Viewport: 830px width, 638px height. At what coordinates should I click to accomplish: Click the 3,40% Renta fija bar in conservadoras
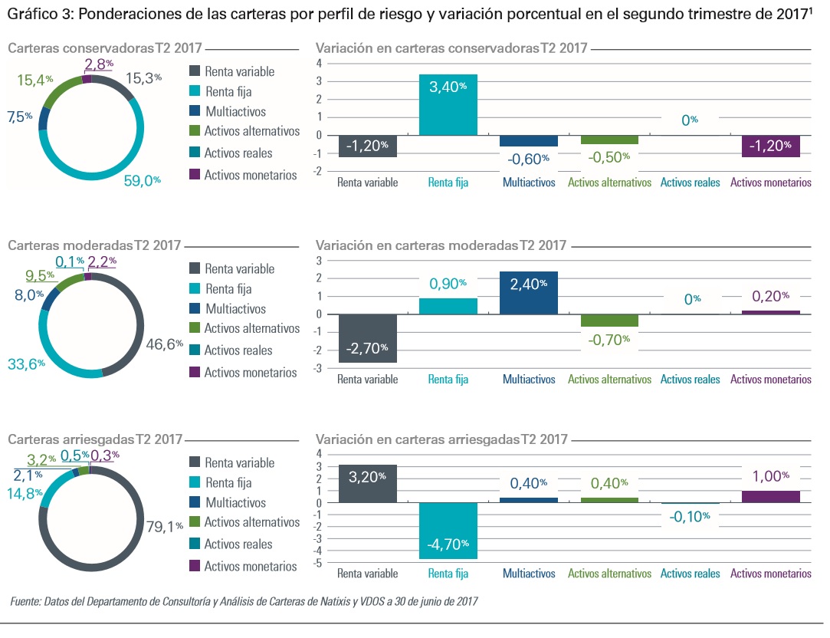pyautogui.click(x=448, y=104)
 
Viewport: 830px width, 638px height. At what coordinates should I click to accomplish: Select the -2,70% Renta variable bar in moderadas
pyautogui.click(x=368, y=338)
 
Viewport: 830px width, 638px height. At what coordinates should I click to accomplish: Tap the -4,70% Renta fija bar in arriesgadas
pyautogui.click(x=448, y=531)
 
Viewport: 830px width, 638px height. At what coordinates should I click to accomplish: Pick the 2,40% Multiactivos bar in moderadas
pyautogui.click(x=528, y=293)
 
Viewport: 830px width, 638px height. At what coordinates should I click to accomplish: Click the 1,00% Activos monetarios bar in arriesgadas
pyautogui.click(x=771, y=496)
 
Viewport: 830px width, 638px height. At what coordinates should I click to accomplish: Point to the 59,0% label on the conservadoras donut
pyautogui.click(x=143, y=181)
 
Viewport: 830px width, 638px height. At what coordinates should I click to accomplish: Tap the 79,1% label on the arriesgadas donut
pyautogui.click(x=165, y=526)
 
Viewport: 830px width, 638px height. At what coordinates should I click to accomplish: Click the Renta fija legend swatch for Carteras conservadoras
pyautogui.click(x=195, y=92)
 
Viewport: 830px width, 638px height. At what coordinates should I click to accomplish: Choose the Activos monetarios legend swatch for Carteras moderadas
pyautogui.click(x=195, y=372)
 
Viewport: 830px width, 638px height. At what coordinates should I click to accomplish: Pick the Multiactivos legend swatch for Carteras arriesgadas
pyautogui.click(x=195, y=503)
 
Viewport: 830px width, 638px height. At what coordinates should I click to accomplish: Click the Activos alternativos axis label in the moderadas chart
pyautogui.click(x=609, y=380)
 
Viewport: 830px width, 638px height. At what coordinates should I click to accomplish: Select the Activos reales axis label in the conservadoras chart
pyautogui.click(x=691, y=183)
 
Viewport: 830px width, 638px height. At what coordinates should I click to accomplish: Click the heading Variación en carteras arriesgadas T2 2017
pyautogui.click(x=441, y=439)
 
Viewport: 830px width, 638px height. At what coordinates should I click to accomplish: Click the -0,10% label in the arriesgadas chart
pyautogui.click(x=691, y=517)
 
